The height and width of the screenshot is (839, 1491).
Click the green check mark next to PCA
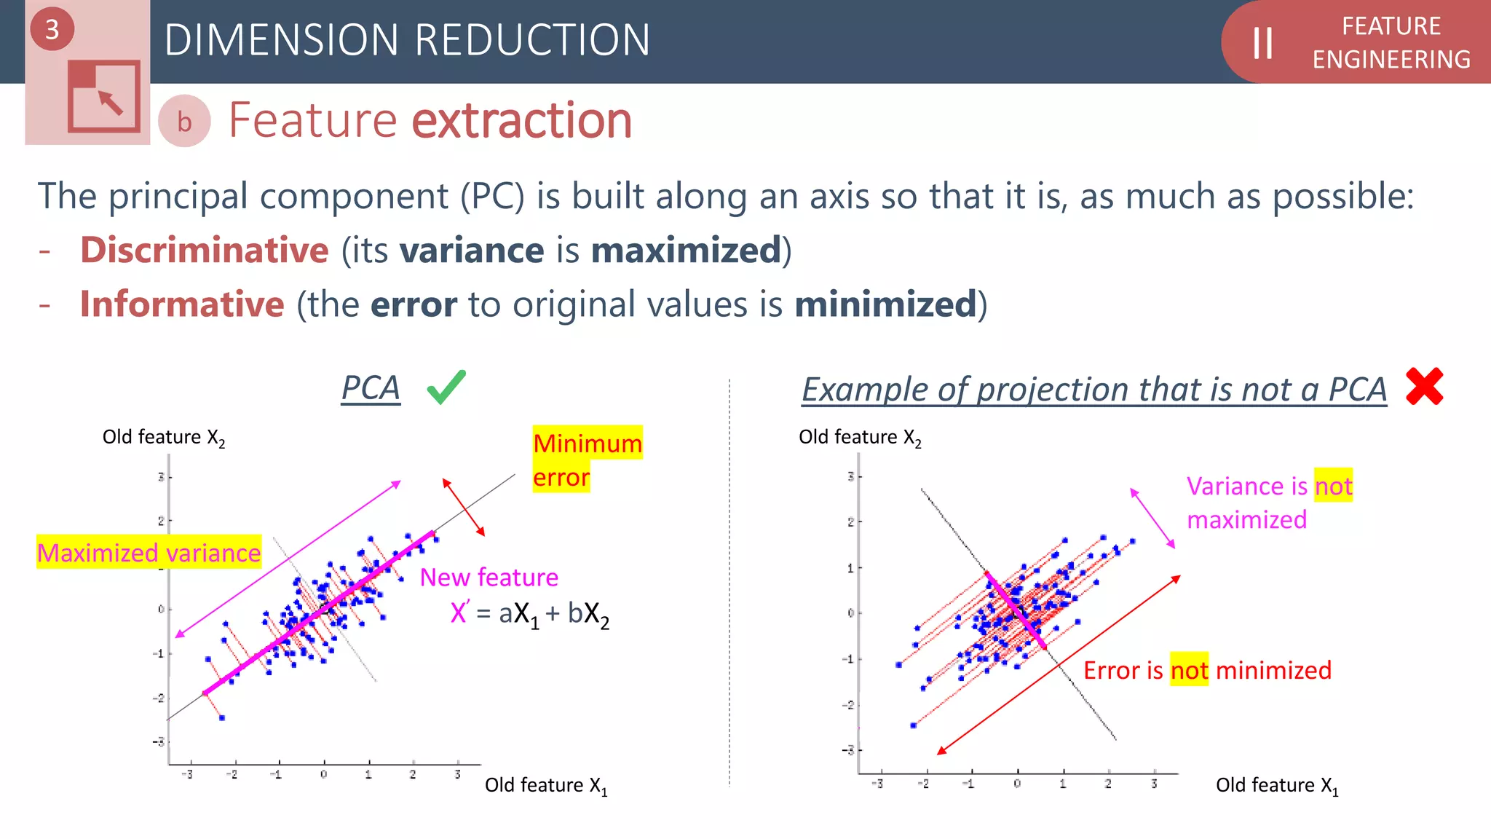[446, 387]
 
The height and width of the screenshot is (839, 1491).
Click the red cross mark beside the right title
[1424, 386]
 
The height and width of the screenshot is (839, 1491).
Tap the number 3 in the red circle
[52, 30]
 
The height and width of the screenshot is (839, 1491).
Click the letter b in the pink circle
[184, 122]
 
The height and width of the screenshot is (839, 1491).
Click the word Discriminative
[205, 251]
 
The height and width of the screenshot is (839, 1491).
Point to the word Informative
[182, 304]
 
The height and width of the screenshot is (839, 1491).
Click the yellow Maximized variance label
[149, 553]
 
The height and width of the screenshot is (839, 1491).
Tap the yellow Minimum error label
[587, 460]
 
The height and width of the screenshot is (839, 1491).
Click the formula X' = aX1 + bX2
[529, 614]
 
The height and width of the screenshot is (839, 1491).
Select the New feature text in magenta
[489, 578]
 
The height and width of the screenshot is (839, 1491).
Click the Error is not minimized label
[1206, 670]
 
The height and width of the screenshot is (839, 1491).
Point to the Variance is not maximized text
[1268, 503]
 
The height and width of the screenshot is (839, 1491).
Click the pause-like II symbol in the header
[1262, 43]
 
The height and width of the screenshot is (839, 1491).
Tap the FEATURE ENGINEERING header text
[1391, 43]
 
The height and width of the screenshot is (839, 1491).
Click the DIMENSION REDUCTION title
[407, 40]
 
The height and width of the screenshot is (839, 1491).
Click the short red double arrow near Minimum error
[464, 508]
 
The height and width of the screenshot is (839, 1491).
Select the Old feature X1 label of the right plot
[1276, 785]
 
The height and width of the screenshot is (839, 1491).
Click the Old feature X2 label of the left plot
[163, 438]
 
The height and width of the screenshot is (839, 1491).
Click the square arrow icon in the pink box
[103, 96]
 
